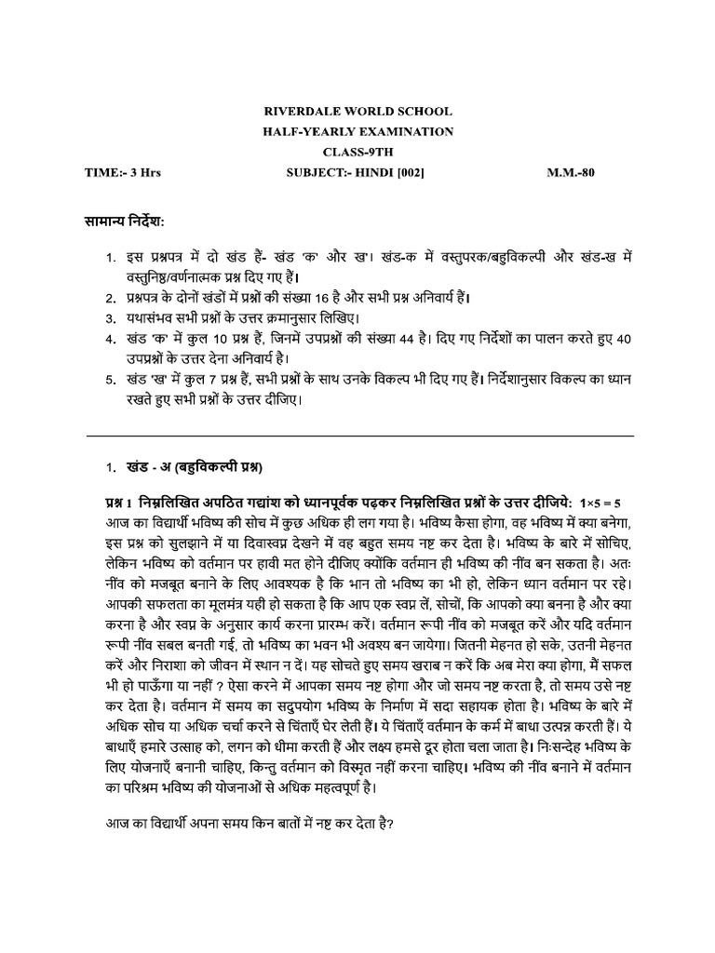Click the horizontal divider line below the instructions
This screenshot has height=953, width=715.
pos(359,435)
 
